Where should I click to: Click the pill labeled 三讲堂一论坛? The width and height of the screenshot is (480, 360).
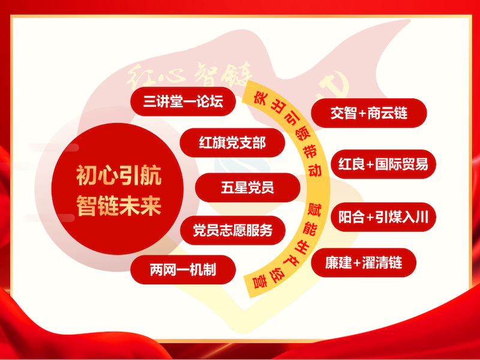pyautogui.click(x=183, y=101)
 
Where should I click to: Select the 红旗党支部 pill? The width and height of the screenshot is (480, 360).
pyautogui.click(x=232, y=143)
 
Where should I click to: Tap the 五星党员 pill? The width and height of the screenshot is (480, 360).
pyautogui.click(x=247, y=187)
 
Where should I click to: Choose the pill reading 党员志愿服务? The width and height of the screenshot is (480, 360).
pyautogui.click(x=233, y=230)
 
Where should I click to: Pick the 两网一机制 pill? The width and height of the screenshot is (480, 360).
pyautogui.click(x=183, y=269)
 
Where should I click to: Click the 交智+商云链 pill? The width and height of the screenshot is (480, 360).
pyautogui.click(x=369, y=113)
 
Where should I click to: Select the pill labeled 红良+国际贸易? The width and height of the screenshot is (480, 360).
pyautogui.click(x=383, y=164)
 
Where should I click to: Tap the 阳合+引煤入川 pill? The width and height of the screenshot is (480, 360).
pyautogui.click(x=383, y=217)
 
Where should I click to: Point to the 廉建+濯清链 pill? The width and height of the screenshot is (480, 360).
pyautogui.click(x=364, y=263)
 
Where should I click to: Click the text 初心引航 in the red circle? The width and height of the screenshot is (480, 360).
pyautogui.click(x=119, y=176)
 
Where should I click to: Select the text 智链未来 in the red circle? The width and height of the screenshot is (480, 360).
pyautogui.click(x=119, y=205)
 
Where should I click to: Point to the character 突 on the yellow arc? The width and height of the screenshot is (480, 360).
pyautogui.click(x=260, y=98)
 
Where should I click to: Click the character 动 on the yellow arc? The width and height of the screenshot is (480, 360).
pyautogui.click(x=314, y=169)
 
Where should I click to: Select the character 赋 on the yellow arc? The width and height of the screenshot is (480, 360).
pyautogui.click(x=314, y=209)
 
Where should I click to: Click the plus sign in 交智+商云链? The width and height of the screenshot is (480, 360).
pyautogui.click(x=363, y=113)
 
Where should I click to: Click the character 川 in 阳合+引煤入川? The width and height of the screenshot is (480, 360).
pyautogui.click(x=422, y=217)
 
